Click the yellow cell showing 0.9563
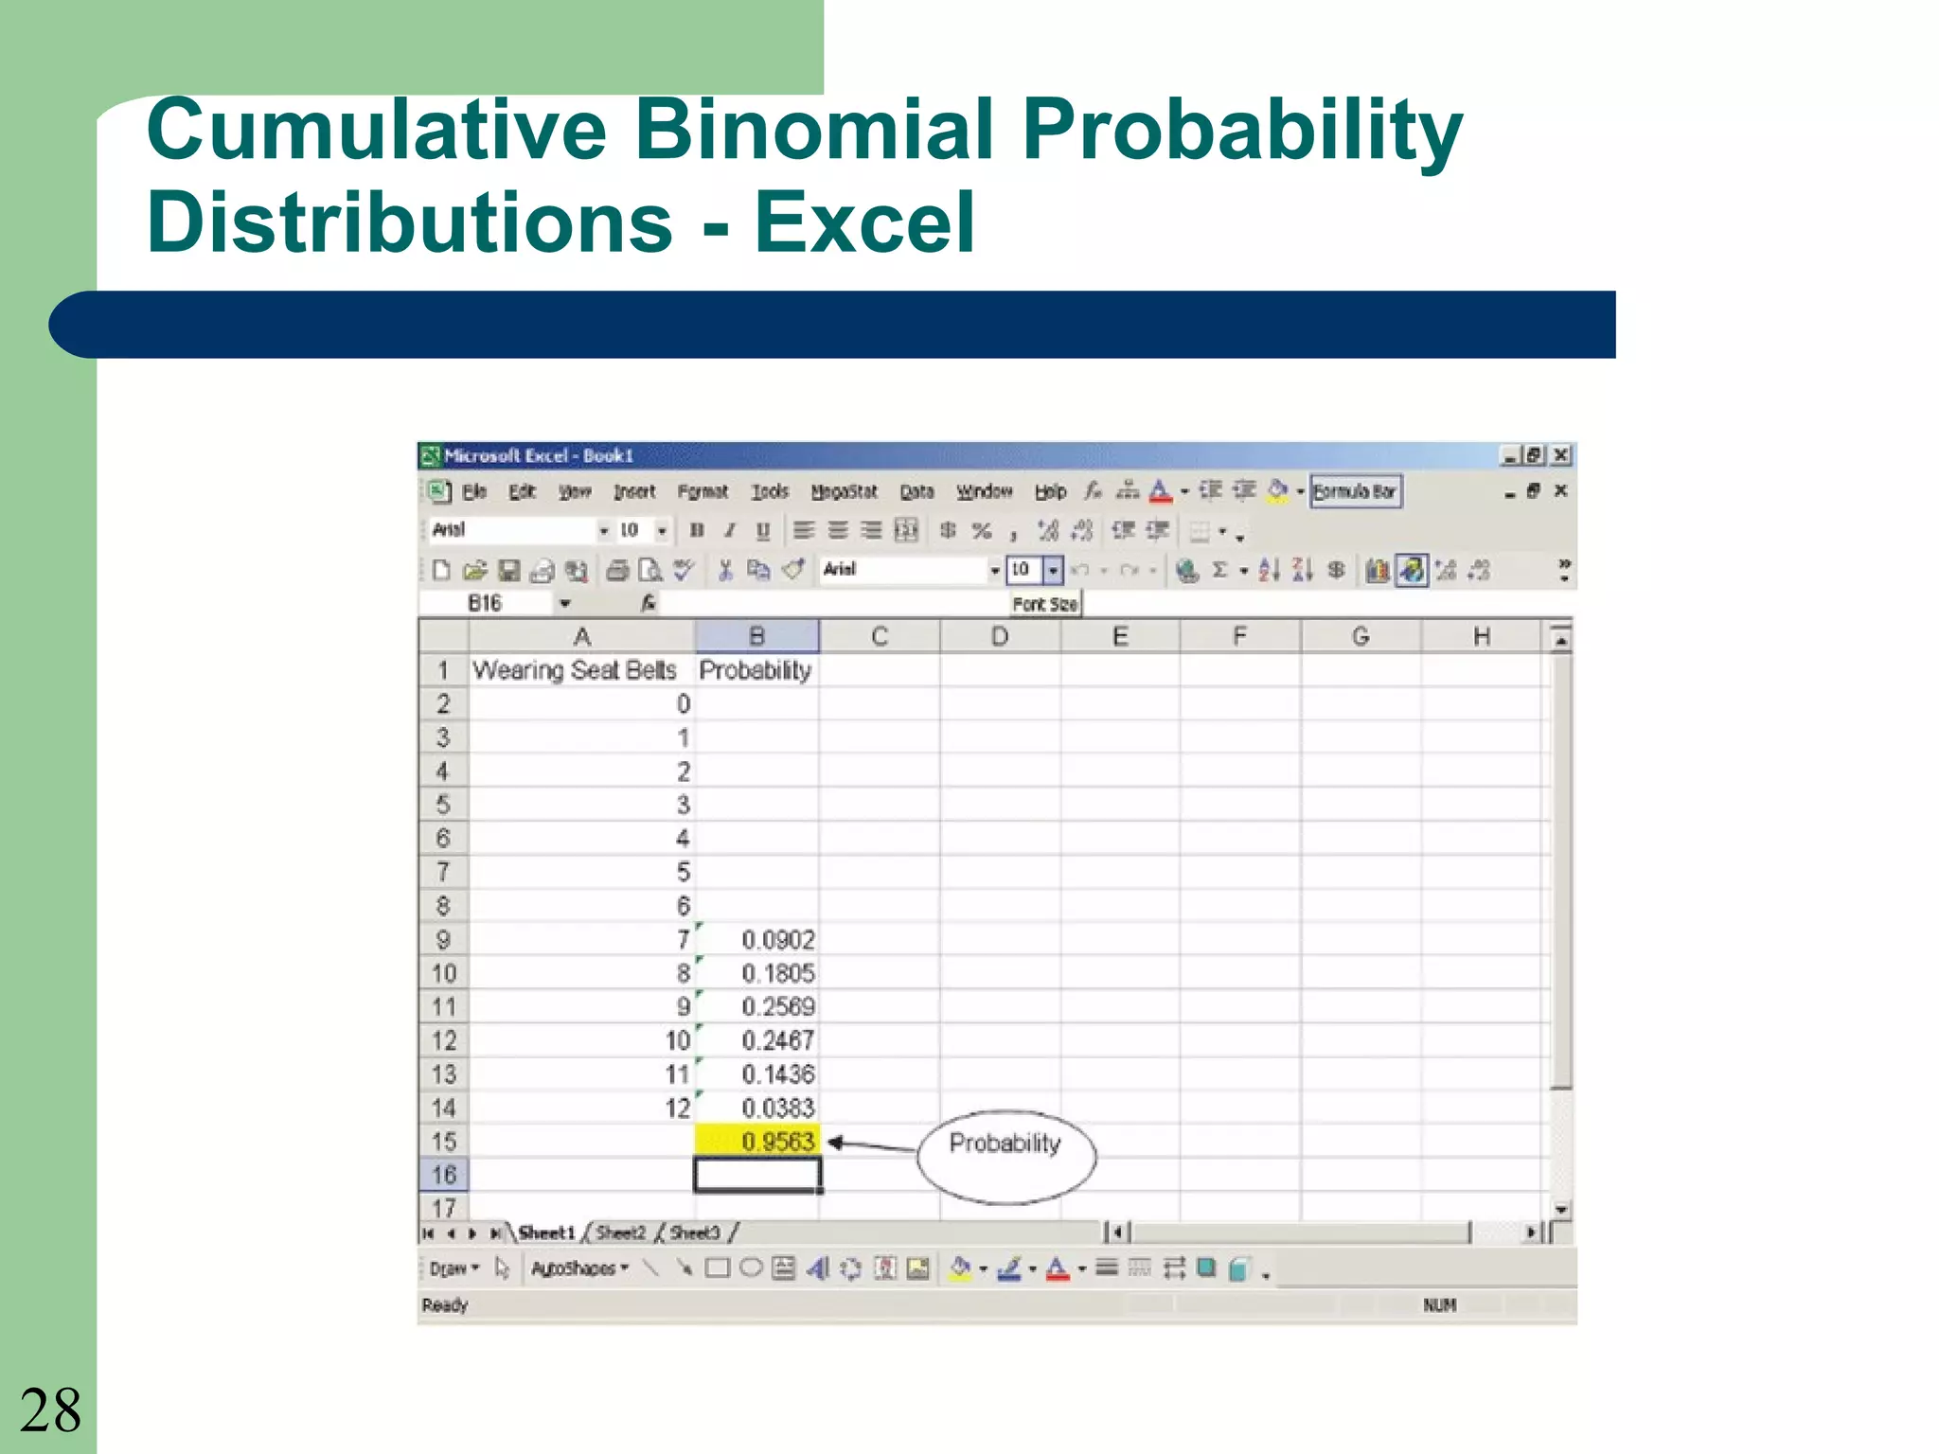pos(757,1141)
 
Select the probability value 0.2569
pos(777,1006)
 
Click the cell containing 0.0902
pos(777,939)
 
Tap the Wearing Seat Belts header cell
pos(575,670)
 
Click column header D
pos(1000,636)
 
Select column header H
pos(1482,636)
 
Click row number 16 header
pos(443,1175)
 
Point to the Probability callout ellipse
pos(1005,1156)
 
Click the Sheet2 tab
pos(620,1232)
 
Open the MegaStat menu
pos(844,491)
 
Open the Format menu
pos(703,491)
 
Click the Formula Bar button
pos(1354,491)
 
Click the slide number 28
pos(50,1410)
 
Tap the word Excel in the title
pos(863,222)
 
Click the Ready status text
pos(445,1305)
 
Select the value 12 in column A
pos(677,1108)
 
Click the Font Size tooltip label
pos(1044,604)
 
